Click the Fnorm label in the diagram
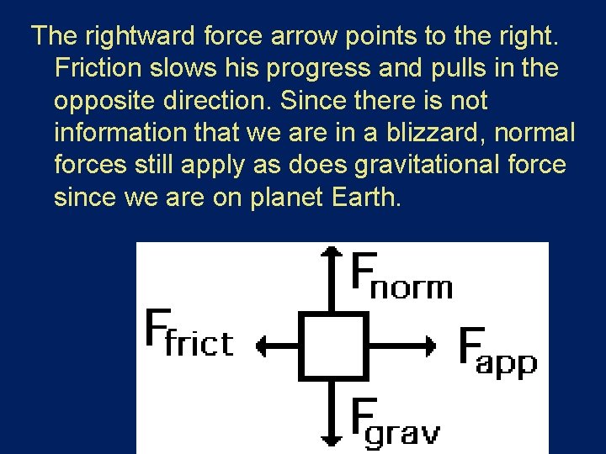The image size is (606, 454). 401,276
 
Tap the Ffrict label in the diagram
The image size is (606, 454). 189,334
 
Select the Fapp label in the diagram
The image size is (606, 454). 497,352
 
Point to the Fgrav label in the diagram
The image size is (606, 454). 394,422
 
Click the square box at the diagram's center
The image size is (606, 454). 333,345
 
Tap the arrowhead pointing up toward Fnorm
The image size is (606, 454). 333,253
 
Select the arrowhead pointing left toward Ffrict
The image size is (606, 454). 262,345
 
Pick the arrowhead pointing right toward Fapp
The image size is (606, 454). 430,345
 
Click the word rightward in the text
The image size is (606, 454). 125,35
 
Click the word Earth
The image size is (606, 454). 369,198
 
